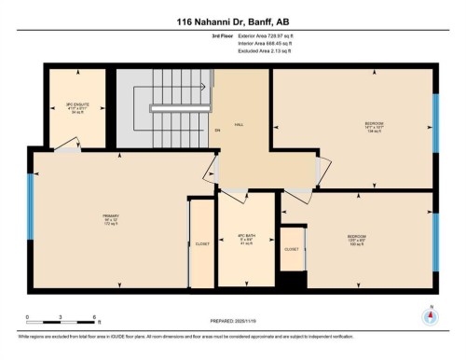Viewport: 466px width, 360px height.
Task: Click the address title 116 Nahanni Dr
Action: coord(232,21)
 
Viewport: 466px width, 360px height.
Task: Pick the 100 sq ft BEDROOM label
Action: coord(356,238)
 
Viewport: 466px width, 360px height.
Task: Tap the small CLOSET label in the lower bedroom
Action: coord(292,250)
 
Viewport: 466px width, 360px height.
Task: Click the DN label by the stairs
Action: coord(217,132)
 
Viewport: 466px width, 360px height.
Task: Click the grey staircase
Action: coord(164,107)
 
